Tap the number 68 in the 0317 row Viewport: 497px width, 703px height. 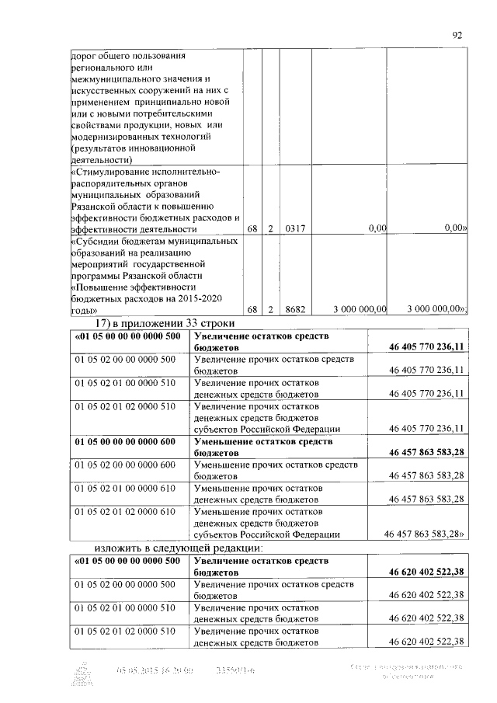pos(252,229)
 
